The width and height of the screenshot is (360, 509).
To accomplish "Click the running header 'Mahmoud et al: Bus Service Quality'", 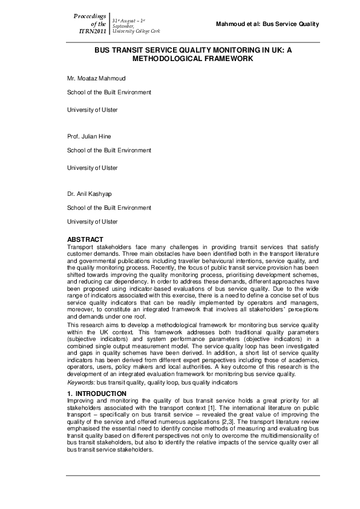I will click(x=267, y=24).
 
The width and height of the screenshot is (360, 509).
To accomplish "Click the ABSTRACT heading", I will click(x=85, y=239).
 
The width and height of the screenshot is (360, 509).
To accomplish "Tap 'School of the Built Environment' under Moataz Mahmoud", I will click(x=109, y=92).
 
